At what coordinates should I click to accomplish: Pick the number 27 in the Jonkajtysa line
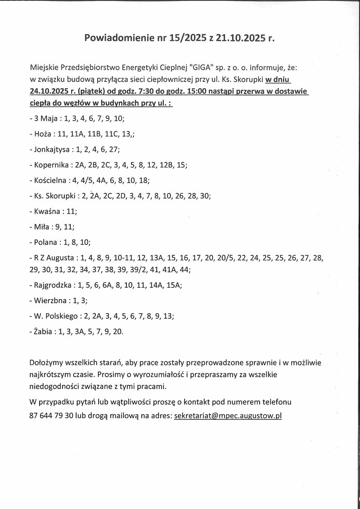click(114, 149)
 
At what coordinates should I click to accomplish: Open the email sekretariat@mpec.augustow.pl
click(228, 416)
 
